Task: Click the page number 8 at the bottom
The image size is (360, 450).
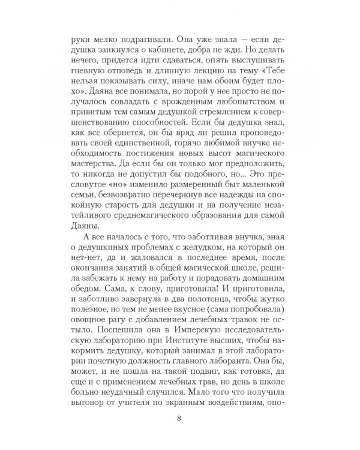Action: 180,419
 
